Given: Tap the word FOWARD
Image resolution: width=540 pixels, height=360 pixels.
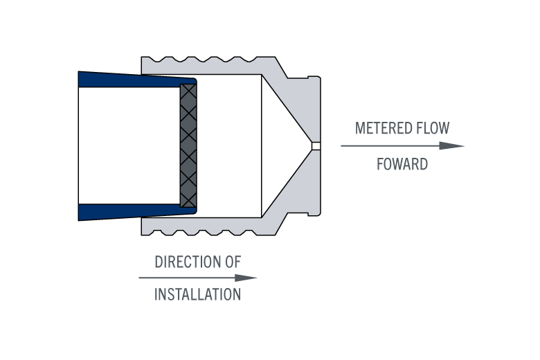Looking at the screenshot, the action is click(402, 164).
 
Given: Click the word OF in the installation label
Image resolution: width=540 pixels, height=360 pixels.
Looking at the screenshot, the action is click(233, 262).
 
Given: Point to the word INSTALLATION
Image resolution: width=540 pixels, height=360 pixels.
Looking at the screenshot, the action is click(198, 294).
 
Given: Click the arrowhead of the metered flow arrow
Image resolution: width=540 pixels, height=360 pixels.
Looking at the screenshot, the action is click(452, 145).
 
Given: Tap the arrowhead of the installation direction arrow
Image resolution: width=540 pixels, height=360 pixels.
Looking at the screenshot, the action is click(246, 278).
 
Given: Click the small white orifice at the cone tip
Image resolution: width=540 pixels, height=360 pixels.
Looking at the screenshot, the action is click(316, 146).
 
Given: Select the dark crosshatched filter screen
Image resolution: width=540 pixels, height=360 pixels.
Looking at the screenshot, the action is click(188, 145).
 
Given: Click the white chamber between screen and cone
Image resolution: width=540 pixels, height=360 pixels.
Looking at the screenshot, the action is click(229, 146).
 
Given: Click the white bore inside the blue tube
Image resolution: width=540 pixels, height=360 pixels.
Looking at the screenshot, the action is click(129, 145).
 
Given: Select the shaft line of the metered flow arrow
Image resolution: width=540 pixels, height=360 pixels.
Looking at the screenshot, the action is click(390, 145).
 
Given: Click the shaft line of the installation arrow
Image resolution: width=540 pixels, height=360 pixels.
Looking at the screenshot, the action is click(187, 278).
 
